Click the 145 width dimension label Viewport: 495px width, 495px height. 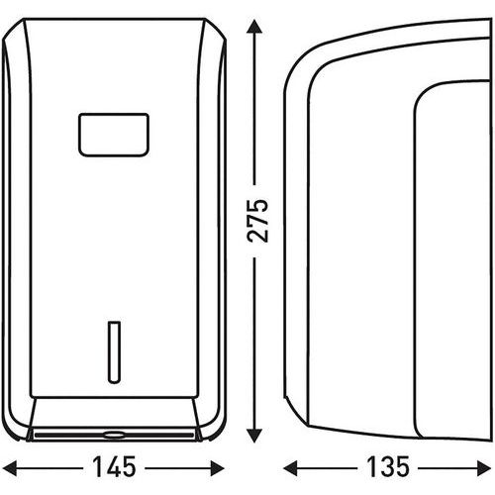(x=114, y=467)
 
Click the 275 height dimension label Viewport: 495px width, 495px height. (x=258, y=221)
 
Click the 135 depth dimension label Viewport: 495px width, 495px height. (x=388, y=467)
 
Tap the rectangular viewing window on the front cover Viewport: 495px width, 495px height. (x=114, y=135)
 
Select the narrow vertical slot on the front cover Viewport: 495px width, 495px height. (x=114, y=352)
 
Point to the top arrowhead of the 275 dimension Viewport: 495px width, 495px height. (x=254, y=27)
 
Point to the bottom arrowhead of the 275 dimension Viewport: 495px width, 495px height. (x=254, y=435)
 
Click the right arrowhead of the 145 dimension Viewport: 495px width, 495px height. (x=218, y=468)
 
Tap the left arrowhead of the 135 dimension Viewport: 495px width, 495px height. (x=290, y=468)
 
